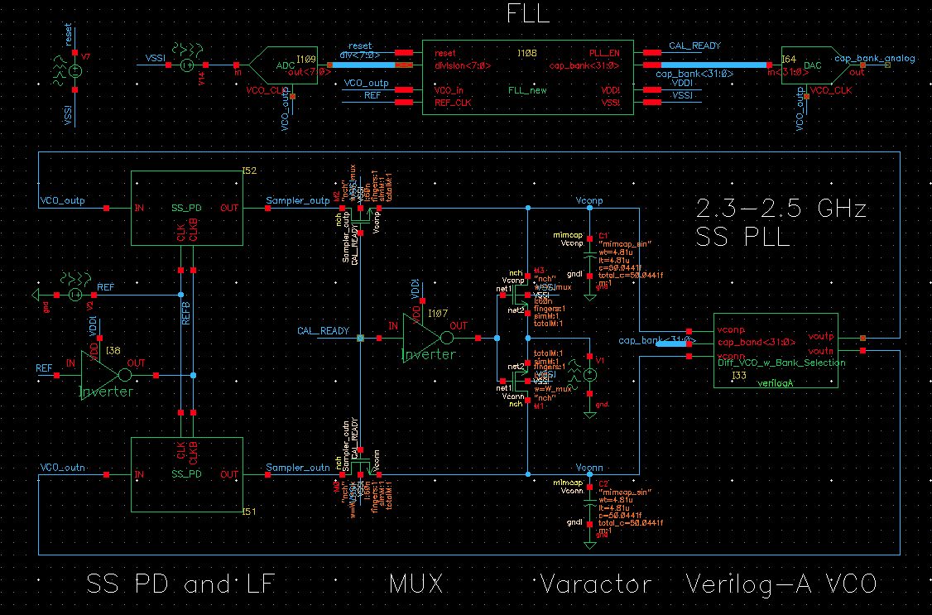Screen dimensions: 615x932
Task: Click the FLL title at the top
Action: tap(527, 14)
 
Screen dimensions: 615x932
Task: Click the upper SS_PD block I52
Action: tap(187, 208)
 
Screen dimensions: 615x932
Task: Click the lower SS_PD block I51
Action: tap(187, 475)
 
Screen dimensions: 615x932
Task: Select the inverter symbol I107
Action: tap(426, 338)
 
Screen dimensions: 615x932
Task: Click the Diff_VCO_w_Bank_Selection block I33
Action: tap(776, 349)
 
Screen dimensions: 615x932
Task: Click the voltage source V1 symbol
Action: tap(589, 375)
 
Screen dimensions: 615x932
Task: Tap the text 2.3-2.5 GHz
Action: tap(782, 209)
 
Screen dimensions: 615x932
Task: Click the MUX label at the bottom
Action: tap(416, 584)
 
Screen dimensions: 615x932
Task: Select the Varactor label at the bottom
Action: tap(596, 584)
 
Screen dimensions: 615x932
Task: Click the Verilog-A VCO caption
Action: tap(781, 584)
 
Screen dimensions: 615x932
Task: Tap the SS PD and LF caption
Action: tap(180, 584)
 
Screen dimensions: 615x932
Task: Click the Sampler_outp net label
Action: tap(297, 201)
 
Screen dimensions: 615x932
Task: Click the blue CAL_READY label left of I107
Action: tap(323, 331)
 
